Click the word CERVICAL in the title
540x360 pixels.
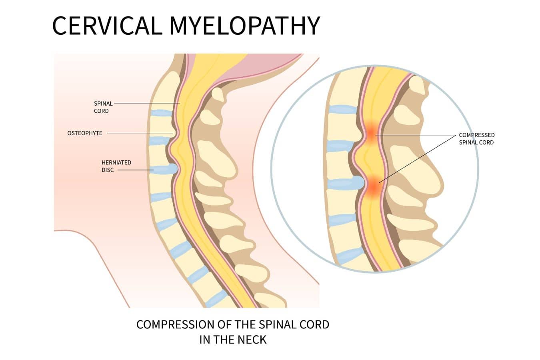coord(107,26)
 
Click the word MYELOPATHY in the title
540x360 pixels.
coord(244,26)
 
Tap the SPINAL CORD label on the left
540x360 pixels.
coord(103,107)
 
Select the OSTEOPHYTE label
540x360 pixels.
coord(85,133)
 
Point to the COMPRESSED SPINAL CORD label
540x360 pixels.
coord(476,139)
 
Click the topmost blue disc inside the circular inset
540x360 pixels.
coord(342,109)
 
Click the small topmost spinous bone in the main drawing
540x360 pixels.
coord(218,94)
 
